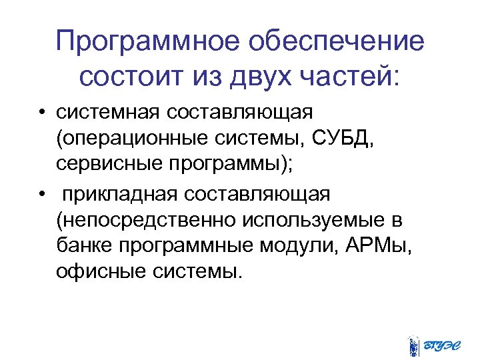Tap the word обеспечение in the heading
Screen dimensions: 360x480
335,42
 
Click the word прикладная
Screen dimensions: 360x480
119,193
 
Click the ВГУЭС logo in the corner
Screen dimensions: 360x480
435,343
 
